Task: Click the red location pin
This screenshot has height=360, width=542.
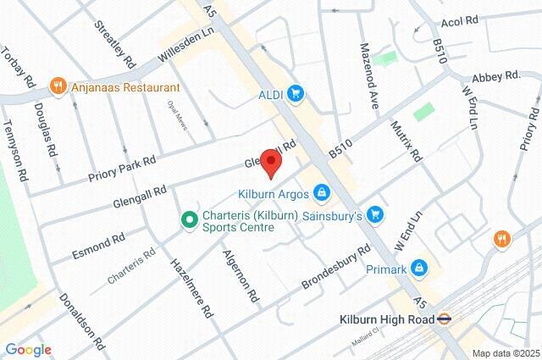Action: tap(270, 163)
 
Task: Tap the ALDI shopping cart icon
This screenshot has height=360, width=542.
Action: tap(295, 93)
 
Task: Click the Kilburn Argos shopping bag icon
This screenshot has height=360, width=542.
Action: tap(321, 195)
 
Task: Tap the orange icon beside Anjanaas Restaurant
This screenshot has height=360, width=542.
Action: tap(58, 86)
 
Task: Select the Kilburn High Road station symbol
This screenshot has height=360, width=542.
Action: tap(443, 319)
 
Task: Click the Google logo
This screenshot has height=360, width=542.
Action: tap(28, 350)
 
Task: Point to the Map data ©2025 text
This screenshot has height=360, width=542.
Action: tap(505, 353)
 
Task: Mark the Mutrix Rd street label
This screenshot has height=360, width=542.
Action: tap(405, 139)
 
